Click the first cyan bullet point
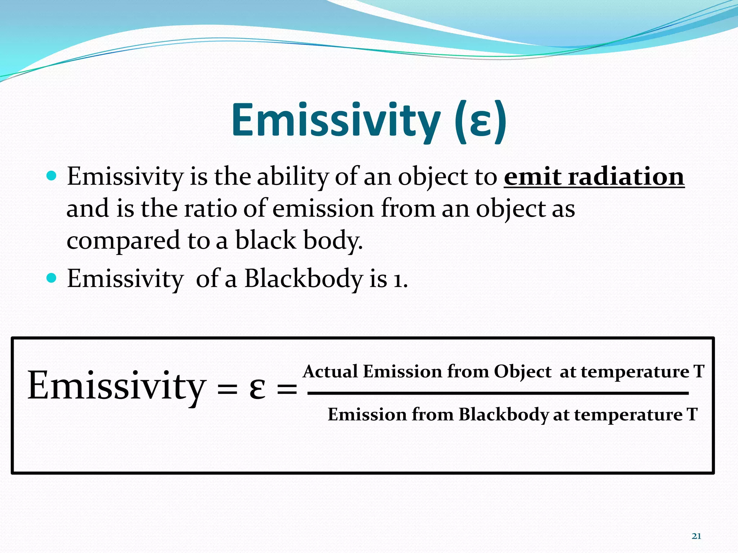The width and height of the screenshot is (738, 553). (x=52, y=176)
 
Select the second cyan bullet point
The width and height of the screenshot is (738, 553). (x=52, y=278)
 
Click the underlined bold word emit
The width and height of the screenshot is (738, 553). (x=533, y=177)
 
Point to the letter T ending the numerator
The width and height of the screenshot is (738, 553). (x=699, y=371)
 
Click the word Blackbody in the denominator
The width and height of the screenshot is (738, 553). (x=503, y=414)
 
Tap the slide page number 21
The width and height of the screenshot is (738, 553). (x=696, y=536)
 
